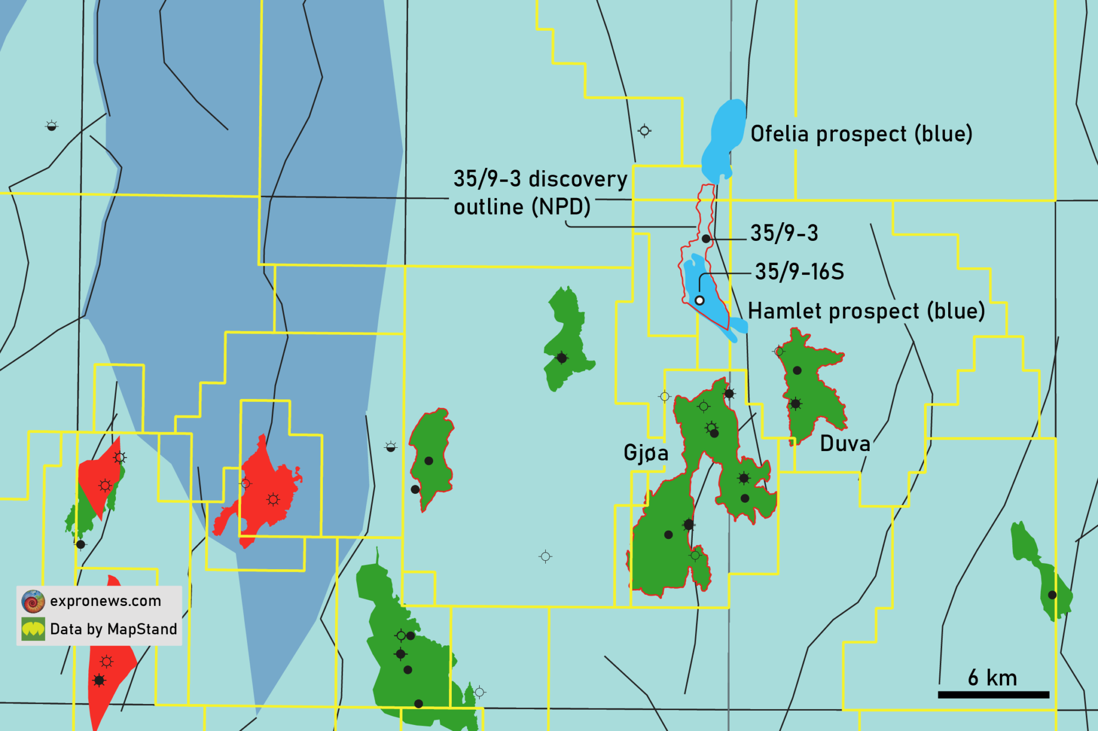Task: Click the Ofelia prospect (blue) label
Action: pyautogui.click(x=861, y=134)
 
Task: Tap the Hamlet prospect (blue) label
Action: pyautogui.click(x=866, y=312)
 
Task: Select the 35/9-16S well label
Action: pyautogui.click(x=799, y=272)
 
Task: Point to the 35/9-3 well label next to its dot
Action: pyautogui.click(x=784, y=233)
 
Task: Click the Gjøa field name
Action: pyautogui.click(x=646, y=453)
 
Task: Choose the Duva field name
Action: pyautogui.click(x=845, y=443)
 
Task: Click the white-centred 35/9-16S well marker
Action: pyautogui.click(x=699, y=300)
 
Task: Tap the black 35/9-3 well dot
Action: pyautogui.click(x=706, y=239)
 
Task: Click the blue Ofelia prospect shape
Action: pyautogui.click(x=724, y=137)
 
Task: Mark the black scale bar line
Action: pyautogui.click(x=993, y=695)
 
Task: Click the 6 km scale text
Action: pyautogui.click(x=992, y=678)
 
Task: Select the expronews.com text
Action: pyautogui.click(x=105, y=601)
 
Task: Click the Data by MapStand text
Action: pyautogui.click(x=113, y=629)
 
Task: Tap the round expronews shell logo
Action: pyautogui.click(x=33, y=601)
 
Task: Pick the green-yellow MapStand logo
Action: pyautogui.click(x=33, y=629)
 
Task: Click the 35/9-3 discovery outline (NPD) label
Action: pyautogui.click(x=540, y=193)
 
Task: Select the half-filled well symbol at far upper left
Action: pyautogui.click(x=52, y=126)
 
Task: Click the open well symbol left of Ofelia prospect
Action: pyautogui.click(x=645, y=131)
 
